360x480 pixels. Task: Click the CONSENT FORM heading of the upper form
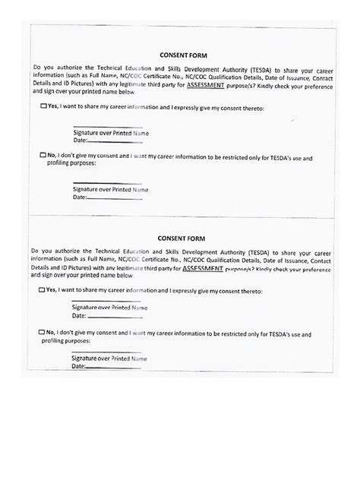(x=179, y=55)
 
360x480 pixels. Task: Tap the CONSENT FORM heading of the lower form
(x=179, y=237)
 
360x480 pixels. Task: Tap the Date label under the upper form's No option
(x=81, y=197)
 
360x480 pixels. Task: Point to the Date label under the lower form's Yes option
(x=81, y=315)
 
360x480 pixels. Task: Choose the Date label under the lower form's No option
(x=79, y=366)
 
